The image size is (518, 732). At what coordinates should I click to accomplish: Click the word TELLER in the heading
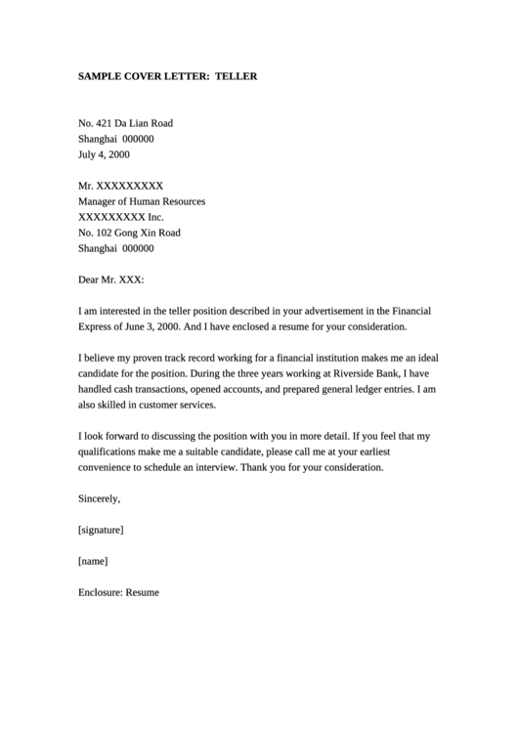tap(237, 75)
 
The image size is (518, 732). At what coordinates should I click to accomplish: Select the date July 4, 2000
tap(104, 154)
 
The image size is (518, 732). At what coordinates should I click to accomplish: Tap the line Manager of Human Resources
tap(142, 201)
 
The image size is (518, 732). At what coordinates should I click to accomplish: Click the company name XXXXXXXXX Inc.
tap(121, 217)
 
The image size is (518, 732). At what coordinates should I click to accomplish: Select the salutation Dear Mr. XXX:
tap(110, 280)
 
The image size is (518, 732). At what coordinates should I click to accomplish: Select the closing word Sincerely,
tap(99, 498)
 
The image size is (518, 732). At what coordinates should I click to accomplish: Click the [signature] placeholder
tap(100, 530)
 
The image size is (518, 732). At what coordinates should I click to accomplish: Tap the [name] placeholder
tap(92, 561)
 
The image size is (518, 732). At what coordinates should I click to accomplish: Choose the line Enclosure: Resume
tap(118, 592)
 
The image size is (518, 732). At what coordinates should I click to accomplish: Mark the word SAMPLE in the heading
tap(100, 75)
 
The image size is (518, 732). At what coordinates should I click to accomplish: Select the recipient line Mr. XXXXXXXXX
tap(120, 186)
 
